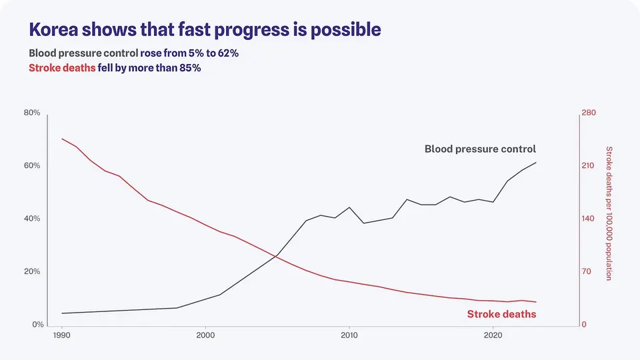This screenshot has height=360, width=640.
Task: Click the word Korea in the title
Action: pos(53,29)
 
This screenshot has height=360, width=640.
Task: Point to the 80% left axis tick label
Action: pos(32,113)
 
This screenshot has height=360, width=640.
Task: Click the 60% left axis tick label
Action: pos(32,166)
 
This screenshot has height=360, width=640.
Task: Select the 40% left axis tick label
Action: pos(32,219)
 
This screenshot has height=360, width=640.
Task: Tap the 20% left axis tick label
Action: pos(32,271)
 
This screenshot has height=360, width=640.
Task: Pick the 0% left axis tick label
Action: pos(38,325)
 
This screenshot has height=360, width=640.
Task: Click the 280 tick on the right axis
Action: pos(589,113)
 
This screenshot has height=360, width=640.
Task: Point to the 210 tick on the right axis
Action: pos(588,166)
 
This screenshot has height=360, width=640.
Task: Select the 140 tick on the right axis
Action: pos(588,219)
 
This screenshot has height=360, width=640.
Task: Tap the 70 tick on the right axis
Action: pos(586,271)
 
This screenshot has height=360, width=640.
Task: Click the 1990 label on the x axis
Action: pos(61,335)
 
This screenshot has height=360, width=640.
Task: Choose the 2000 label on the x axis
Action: pos(205,335)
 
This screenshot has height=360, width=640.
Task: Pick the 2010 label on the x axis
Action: pos(349,335)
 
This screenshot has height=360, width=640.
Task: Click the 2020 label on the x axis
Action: pos(493,335)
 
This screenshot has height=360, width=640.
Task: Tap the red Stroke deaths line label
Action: pos(501,314)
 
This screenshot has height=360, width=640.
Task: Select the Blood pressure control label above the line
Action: pos(481,149)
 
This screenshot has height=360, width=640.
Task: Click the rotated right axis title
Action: pos(609,213)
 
